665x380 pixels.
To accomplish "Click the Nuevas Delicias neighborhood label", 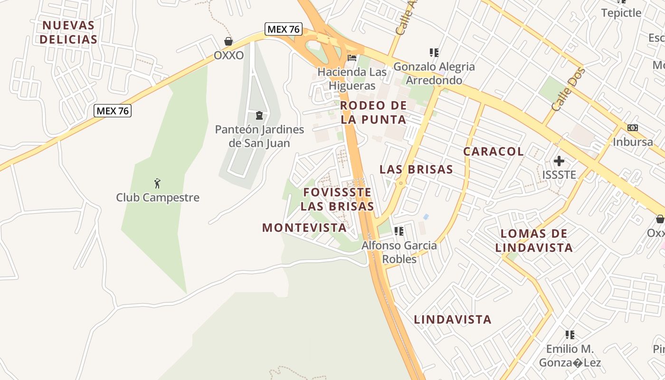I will click(x=68, y=32).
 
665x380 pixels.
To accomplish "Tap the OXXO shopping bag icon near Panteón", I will click(x=228, y=42).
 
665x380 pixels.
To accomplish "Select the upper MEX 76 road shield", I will click(x=284, y=29).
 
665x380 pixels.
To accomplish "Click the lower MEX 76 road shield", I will click(x=113, y=111).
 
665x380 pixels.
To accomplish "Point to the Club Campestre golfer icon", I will click(x=158, y=183).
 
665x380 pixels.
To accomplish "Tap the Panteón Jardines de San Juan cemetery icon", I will click(x=259, y=115).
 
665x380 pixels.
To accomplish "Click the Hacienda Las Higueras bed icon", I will click(x=352, y=58).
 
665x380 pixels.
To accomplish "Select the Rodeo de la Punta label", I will click(x=374, y=113).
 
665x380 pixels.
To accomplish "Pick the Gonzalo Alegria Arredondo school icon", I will click(x=434, y=53).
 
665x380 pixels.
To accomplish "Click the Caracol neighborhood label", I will click(x=494, y=152).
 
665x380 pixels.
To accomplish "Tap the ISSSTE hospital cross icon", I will click(x=559, y=161).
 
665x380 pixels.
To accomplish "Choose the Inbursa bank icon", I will click(x=632, y=128).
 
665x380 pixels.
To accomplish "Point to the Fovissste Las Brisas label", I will click(x=337, y=199).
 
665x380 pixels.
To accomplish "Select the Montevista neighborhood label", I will click(x=304, y=228).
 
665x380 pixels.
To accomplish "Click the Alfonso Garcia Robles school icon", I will click(x=399, y=231).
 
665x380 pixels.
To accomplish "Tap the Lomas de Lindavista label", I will click(x=534, y=240).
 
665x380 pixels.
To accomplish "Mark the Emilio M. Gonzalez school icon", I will click(x=570, y=335).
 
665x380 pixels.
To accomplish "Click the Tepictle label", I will click(x=621, y=13).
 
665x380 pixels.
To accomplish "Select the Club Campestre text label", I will click(x=158, y=198).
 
